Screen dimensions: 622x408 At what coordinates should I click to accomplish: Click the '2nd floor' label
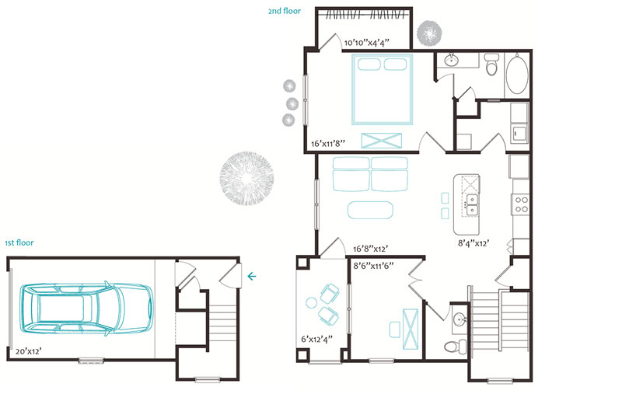pyautogui.click(x=284, y=11)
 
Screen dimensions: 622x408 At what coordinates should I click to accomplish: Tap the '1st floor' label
pyautogui.click(x=19, y=242)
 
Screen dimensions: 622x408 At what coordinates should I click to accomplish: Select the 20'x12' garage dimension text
pyautogui.click(x=29, y=351)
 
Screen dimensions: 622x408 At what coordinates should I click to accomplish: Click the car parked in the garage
pyautogui.click(x=86, y=308)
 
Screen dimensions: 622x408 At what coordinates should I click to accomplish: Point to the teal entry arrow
pyautogui.click(x=251, y=276)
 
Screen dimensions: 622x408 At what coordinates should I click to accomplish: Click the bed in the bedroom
pyautogui.click(x=383, y=89)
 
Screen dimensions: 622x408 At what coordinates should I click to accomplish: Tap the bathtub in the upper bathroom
pyautogui.click(x=517, y=74)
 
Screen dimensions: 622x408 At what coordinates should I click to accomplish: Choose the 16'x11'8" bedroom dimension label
pyautogui.click(x=327, y=144)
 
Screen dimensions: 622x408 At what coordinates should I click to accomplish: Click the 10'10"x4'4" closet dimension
pyautogui.click(x=366, y=43)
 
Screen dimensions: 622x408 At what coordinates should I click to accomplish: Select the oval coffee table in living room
pyautogui.click(x=370, y=210)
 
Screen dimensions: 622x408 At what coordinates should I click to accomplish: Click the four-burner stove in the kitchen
pyautogui.click(x=521, y=204)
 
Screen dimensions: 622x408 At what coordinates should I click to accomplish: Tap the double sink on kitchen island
pyautogui.click(x=472, y=204)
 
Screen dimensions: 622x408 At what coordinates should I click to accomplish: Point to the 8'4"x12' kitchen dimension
pyautogui.click(x=473, y=243)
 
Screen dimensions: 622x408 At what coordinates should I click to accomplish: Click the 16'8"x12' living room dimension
pyautogui.click(x=371, y=249)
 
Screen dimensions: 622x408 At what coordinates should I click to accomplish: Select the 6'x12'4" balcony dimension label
pyautogui.click(x=316, y=339)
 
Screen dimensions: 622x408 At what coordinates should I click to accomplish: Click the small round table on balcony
pyautogui.click(x=312, y=303)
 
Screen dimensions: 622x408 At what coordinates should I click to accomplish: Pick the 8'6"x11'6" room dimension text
pyautogui.click(x=373, y=265)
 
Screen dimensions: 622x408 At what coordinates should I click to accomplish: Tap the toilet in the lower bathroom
pyautogui.click(x=456, y=347)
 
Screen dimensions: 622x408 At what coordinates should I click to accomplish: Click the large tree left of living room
pyautogui.click(x=246, y=178)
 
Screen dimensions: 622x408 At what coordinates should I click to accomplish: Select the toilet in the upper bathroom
pyautogui.click(x=491, y=65)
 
